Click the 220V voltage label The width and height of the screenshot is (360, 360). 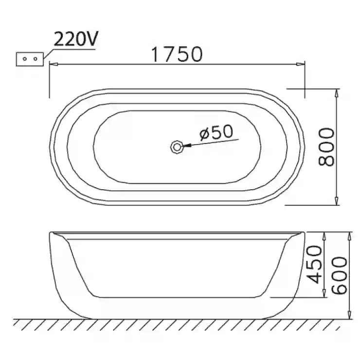[76, 39]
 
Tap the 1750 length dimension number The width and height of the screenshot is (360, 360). [177, 54]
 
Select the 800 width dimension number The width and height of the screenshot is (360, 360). [326, 147]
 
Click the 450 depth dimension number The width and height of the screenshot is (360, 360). [315, 264]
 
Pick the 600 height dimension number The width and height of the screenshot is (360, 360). [340, 275]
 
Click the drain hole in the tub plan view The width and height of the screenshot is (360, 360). [177, 146]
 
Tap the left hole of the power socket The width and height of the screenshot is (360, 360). [25, 59]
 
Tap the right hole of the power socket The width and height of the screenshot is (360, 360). [35, 59]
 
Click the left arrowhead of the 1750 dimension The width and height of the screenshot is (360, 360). [53, 64]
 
